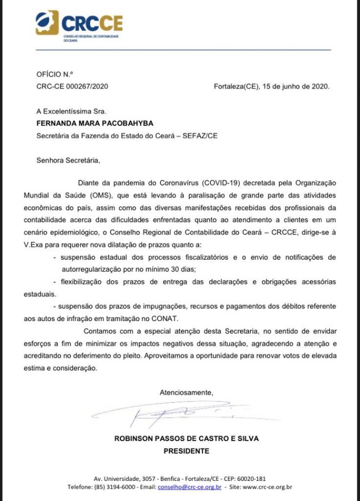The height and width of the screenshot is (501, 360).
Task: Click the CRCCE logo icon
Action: pos(47,23)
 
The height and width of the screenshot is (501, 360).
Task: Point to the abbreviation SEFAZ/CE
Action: pos(240,136)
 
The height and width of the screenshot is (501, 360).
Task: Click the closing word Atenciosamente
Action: pos(186,392)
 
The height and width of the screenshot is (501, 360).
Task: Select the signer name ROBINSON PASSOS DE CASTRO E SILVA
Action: pos(186,439)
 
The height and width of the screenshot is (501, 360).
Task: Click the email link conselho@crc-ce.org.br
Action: pos(189,487)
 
